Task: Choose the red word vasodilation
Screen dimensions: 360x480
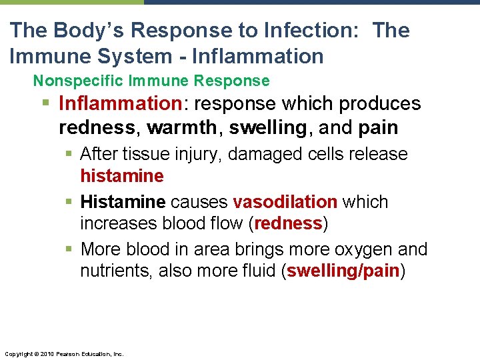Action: coord(285,201)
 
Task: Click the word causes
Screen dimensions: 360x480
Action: coord(199,201)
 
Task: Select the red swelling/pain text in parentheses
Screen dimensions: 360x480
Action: coord(343,271)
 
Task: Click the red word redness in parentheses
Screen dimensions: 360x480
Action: coord(289,223)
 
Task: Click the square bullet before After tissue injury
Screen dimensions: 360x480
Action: coord(71,155)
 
